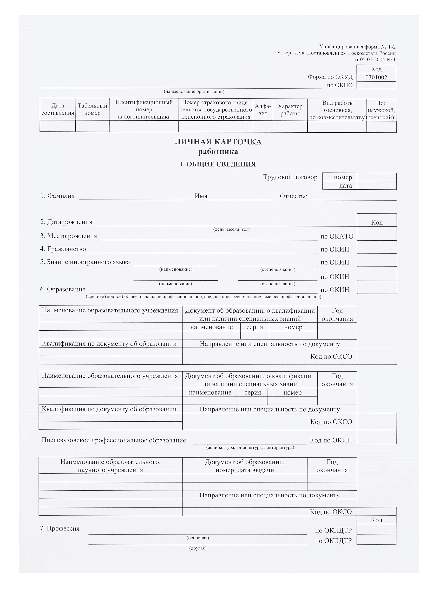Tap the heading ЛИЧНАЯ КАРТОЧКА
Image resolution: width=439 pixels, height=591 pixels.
218,142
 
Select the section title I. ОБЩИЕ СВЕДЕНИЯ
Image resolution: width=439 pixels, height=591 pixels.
218,164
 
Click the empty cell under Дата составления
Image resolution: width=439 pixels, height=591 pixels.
58,126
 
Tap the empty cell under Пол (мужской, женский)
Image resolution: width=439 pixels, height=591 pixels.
381,127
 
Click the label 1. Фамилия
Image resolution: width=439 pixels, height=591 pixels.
57,196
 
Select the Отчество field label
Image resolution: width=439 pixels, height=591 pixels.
293,196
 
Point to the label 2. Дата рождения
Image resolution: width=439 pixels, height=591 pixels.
66,222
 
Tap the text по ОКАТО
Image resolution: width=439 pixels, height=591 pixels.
337,236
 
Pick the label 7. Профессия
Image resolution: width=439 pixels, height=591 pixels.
60,528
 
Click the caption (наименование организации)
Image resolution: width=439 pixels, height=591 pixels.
194,91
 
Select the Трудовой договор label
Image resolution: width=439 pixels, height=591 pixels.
290,177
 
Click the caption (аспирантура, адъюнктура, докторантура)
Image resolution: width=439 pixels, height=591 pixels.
250,447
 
